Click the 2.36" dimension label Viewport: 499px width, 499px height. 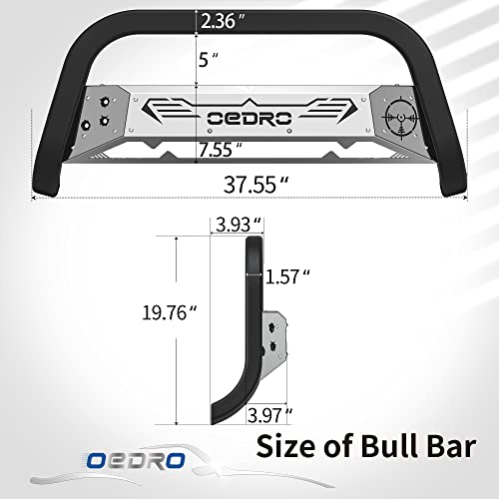coord(221,19)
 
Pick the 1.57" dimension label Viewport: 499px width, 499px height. coord(291,274)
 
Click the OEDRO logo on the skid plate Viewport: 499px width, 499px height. coord(249,117)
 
